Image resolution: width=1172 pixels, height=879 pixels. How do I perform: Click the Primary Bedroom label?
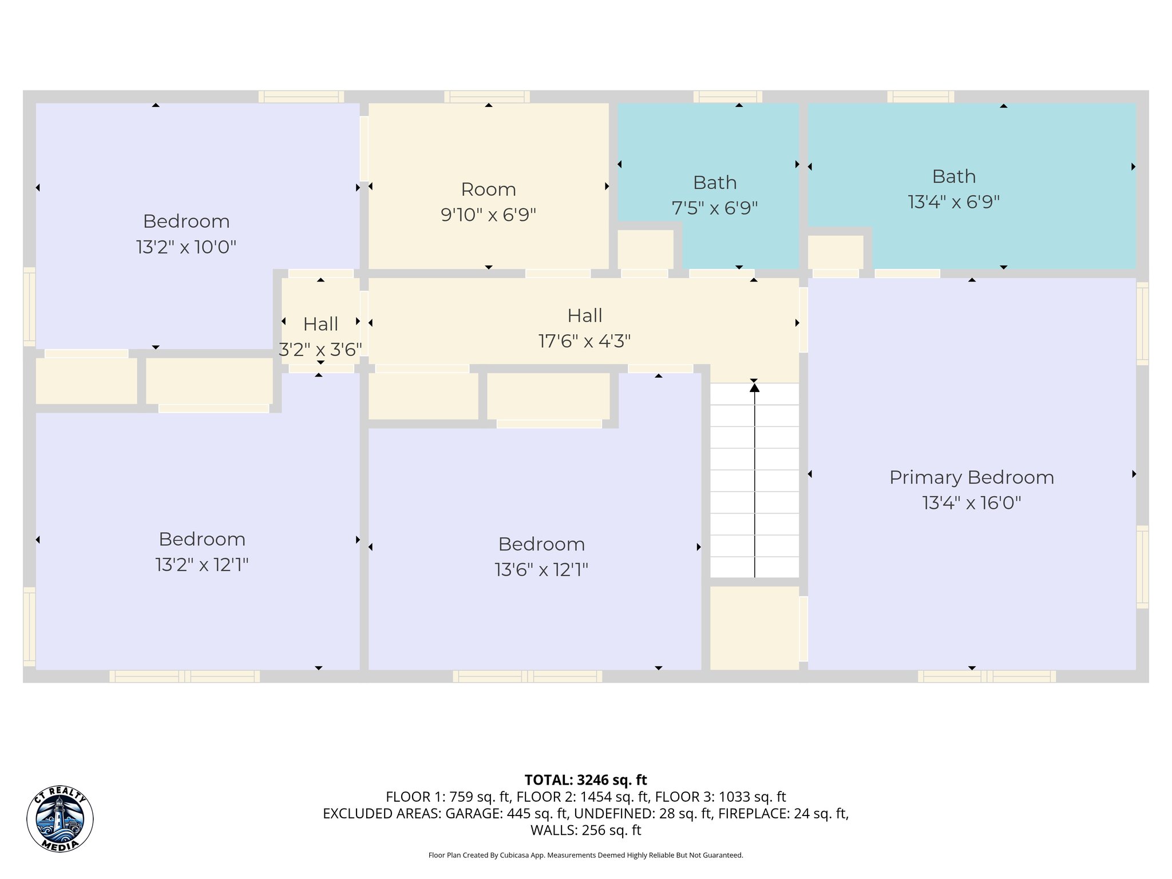point(971,477)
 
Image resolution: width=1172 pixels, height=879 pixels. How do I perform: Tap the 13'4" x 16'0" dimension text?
point(971,503)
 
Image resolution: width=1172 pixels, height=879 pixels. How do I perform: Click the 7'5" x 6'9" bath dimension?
point(714,208)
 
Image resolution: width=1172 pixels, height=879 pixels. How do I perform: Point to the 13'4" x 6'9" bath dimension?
point(953,202)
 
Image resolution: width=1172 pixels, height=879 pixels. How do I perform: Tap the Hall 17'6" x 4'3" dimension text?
point(584,342)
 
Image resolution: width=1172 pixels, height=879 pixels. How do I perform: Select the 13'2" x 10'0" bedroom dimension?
point(186,247)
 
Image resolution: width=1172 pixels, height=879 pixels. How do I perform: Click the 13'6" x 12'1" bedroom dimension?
point(541,570)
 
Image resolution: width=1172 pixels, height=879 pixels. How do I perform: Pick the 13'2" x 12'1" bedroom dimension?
point(201,565)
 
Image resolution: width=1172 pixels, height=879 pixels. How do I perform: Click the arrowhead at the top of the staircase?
point(754,388)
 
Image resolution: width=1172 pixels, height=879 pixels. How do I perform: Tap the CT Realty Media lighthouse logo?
point(60,818)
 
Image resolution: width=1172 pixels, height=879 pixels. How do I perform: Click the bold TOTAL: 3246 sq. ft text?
point(585,780)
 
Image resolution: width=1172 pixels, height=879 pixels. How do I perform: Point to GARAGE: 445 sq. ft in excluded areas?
point(506,813)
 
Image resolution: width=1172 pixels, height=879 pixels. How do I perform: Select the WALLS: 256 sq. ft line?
point(585,830)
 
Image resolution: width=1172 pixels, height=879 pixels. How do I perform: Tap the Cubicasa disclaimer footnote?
point(585,856)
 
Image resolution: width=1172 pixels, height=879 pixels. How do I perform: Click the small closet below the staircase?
point(754,627)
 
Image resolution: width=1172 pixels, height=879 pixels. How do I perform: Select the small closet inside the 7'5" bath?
point(645,249)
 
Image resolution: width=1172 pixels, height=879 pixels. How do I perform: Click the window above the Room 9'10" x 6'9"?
point(487,97)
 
